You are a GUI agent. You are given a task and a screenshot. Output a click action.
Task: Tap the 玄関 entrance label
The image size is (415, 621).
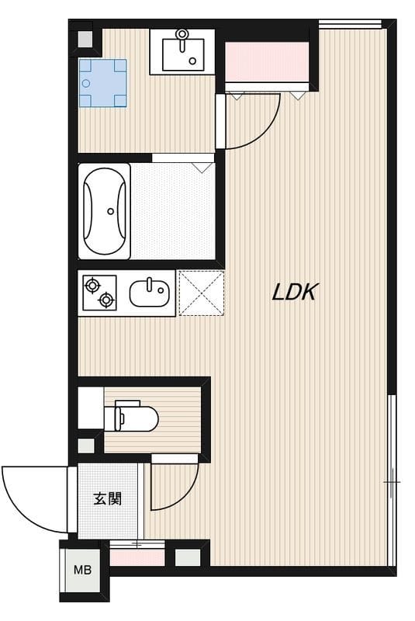click(x=108, y=498)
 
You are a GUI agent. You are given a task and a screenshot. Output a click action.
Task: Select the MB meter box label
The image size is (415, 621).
click(x=82, y=571)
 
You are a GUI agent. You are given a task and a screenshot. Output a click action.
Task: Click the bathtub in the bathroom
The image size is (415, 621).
click(x=105, y=210)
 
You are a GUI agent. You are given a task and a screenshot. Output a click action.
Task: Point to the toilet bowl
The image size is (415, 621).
click(x=139, y=419)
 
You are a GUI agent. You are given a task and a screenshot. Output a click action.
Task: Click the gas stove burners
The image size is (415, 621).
click(x=99, y=292)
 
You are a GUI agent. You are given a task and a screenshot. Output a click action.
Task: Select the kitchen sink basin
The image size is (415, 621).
click(x=148, y=293)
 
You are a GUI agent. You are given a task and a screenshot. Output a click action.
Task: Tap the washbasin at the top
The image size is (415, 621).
click(x=182, y=52)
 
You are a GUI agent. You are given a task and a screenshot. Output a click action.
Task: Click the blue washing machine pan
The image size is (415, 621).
click(x=102, y=83)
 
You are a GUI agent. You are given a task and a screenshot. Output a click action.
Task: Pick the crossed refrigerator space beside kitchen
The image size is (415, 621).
click(x=202, y=293)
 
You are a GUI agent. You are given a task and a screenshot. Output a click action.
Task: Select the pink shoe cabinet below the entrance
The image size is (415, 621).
click(x=137, y=557)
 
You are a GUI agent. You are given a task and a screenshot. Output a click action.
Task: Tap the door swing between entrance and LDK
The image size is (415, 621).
click(x=171, y=490)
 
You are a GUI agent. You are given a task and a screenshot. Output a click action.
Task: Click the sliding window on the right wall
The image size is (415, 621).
click(x=392, y=480)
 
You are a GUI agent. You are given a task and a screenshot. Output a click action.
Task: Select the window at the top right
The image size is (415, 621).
click(x=349, y=23)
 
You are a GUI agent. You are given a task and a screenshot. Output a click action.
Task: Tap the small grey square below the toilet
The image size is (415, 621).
click(x=86, y=446)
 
